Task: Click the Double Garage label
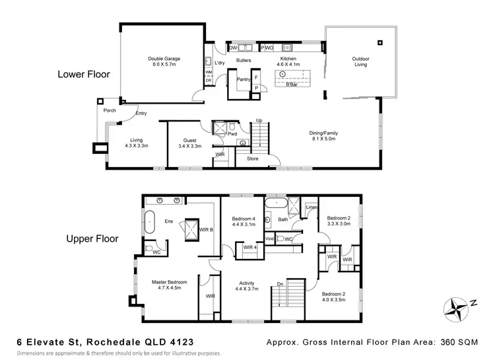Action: [x=164, y=61]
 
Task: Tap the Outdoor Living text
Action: [x=360, y=62]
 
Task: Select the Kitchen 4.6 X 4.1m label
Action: [x=289, y=62]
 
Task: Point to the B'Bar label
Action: [x=290, y=85]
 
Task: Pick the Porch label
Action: [x=110, y=110]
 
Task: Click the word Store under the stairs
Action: [x=252, y=158]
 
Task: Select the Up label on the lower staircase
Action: [x=259, y=120]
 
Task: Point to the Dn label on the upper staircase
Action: [x=280, y=285]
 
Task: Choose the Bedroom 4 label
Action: [x=244, y=221]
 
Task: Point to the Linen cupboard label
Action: [x=311, y=207]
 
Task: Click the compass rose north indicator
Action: [x=455, y=307]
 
